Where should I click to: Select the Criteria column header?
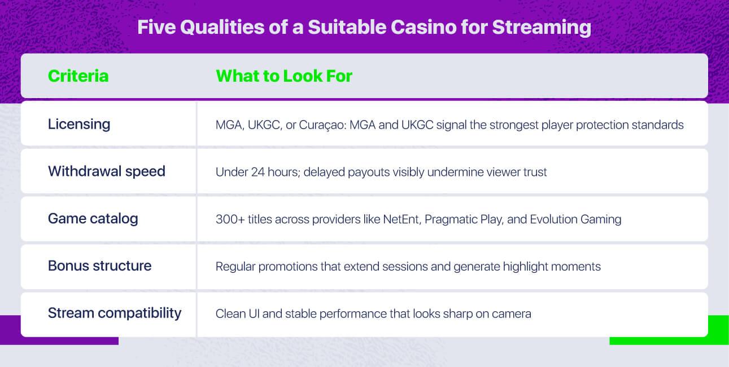tap(78, 76)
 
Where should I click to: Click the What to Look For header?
tap(284, 76)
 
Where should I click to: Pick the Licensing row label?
tap(79, 125)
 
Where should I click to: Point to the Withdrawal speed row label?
tap(107, 171)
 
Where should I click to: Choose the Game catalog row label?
tap(93, 219)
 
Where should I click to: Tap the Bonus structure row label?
tap(99, 266)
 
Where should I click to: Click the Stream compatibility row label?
tap(115, 313)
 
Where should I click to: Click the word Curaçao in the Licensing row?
tap(322, 125)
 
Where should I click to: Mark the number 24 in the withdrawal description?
tap(257, 172)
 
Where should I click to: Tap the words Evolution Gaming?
tap(576, 220)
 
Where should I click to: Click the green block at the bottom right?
tap(669, 330)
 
